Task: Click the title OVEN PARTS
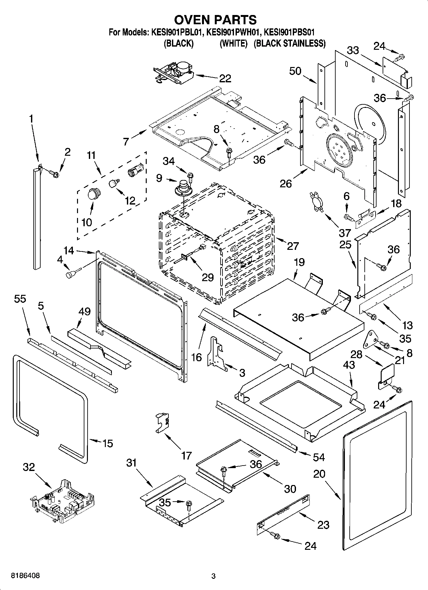215,20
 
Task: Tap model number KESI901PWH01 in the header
233,32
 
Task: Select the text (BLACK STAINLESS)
290,43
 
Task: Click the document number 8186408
26,576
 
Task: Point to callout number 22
225,78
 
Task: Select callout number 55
20,299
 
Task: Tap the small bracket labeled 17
162,422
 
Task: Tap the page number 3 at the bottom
214,576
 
